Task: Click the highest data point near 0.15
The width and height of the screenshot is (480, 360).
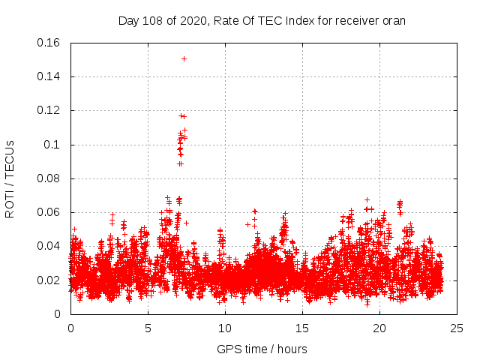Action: point(184,58)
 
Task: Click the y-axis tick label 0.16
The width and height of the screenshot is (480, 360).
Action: point(49,43)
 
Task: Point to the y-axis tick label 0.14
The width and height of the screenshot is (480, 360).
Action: point(49,76)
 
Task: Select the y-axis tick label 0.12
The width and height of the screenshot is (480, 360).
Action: point(49,110)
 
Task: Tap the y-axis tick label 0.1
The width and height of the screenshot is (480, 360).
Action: point(52,145)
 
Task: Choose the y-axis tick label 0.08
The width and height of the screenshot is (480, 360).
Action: point(49,178)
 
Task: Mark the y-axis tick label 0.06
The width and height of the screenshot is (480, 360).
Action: point(49,212)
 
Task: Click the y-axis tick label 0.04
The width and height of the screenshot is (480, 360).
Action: point(49,246)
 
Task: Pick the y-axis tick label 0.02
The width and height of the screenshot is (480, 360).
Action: point(49,280)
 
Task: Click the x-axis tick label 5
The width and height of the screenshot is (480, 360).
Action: point(148,328)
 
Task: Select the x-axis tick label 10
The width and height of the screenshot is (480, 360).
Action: point(225,328)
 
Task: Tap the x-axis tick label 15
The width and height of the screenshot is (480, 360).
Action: point(302,328)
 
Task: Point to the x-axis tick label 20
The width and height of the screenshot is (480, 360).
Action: point(379,328)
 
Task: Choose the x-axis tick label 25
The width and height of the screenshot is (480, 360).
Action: point(457,328)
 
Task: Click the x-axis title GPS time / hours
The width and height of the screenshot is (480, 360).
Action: point(262,349)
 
